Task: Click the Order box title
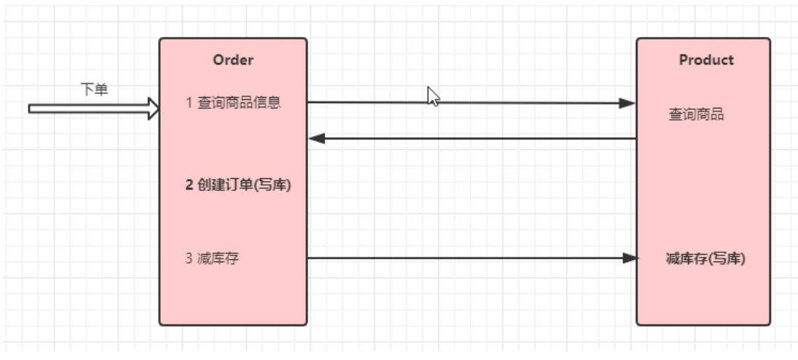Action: tap(233, 60)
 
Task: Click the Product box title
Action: tap(706, 60)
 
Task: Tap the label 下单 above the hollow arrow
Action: tap(95, 89)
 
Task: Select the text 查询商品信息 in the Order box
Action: tap(239, 102)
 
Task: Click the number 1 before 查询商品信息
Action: tap(189, 102)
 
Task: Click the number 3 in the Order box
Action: tap(189, 258)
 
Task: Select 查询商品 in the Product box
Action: tap(696, 114)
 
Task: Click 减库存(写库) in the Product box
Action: tap(705, 258)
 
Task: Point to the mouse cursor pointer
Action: tap(433, 96)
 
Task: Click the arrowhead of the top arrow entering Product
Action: tap(627, 103)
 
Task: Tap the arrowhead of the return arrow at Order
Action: tap(317, 139)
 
